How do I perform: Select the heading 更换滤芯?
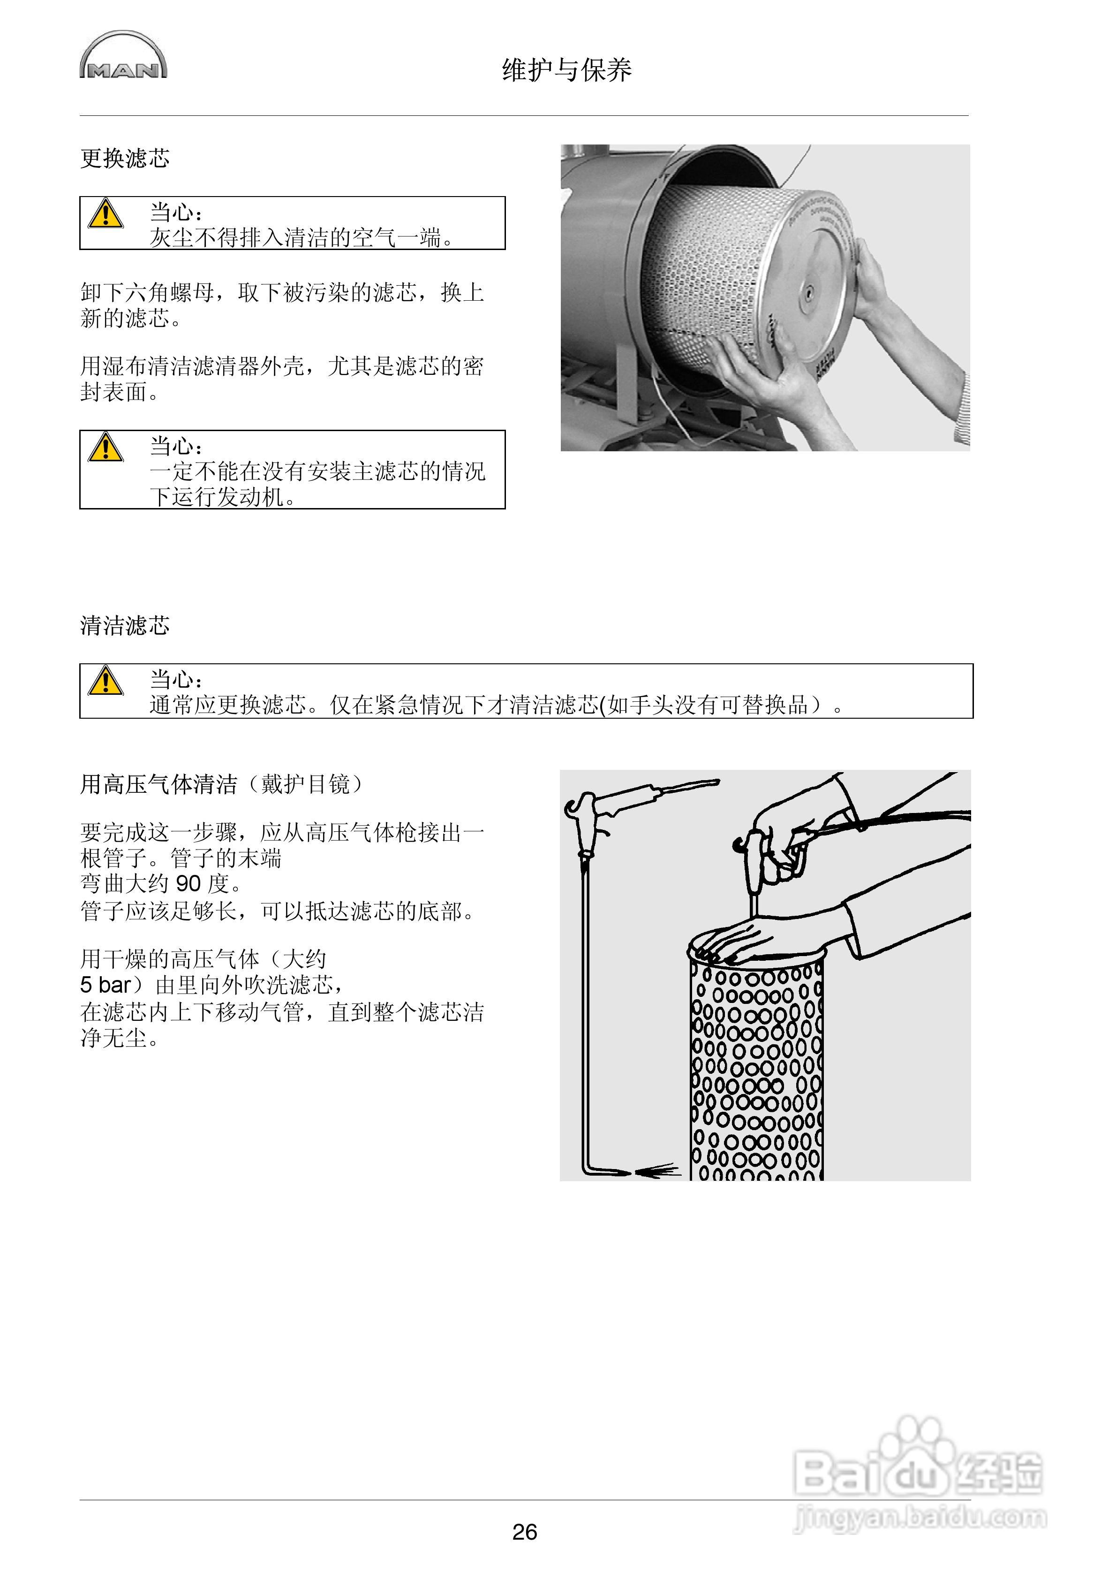125,159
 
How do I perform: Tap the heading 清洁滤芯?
125,625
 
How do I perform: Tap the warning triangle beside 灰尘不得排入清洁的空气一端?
106,214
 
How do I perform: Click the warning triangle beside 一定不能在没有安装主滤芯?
106,447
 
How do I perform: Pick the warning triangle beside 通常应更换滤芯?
106,681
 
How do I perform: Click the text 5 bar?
106,985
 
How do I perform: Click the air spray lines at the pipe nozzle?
657,1170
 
